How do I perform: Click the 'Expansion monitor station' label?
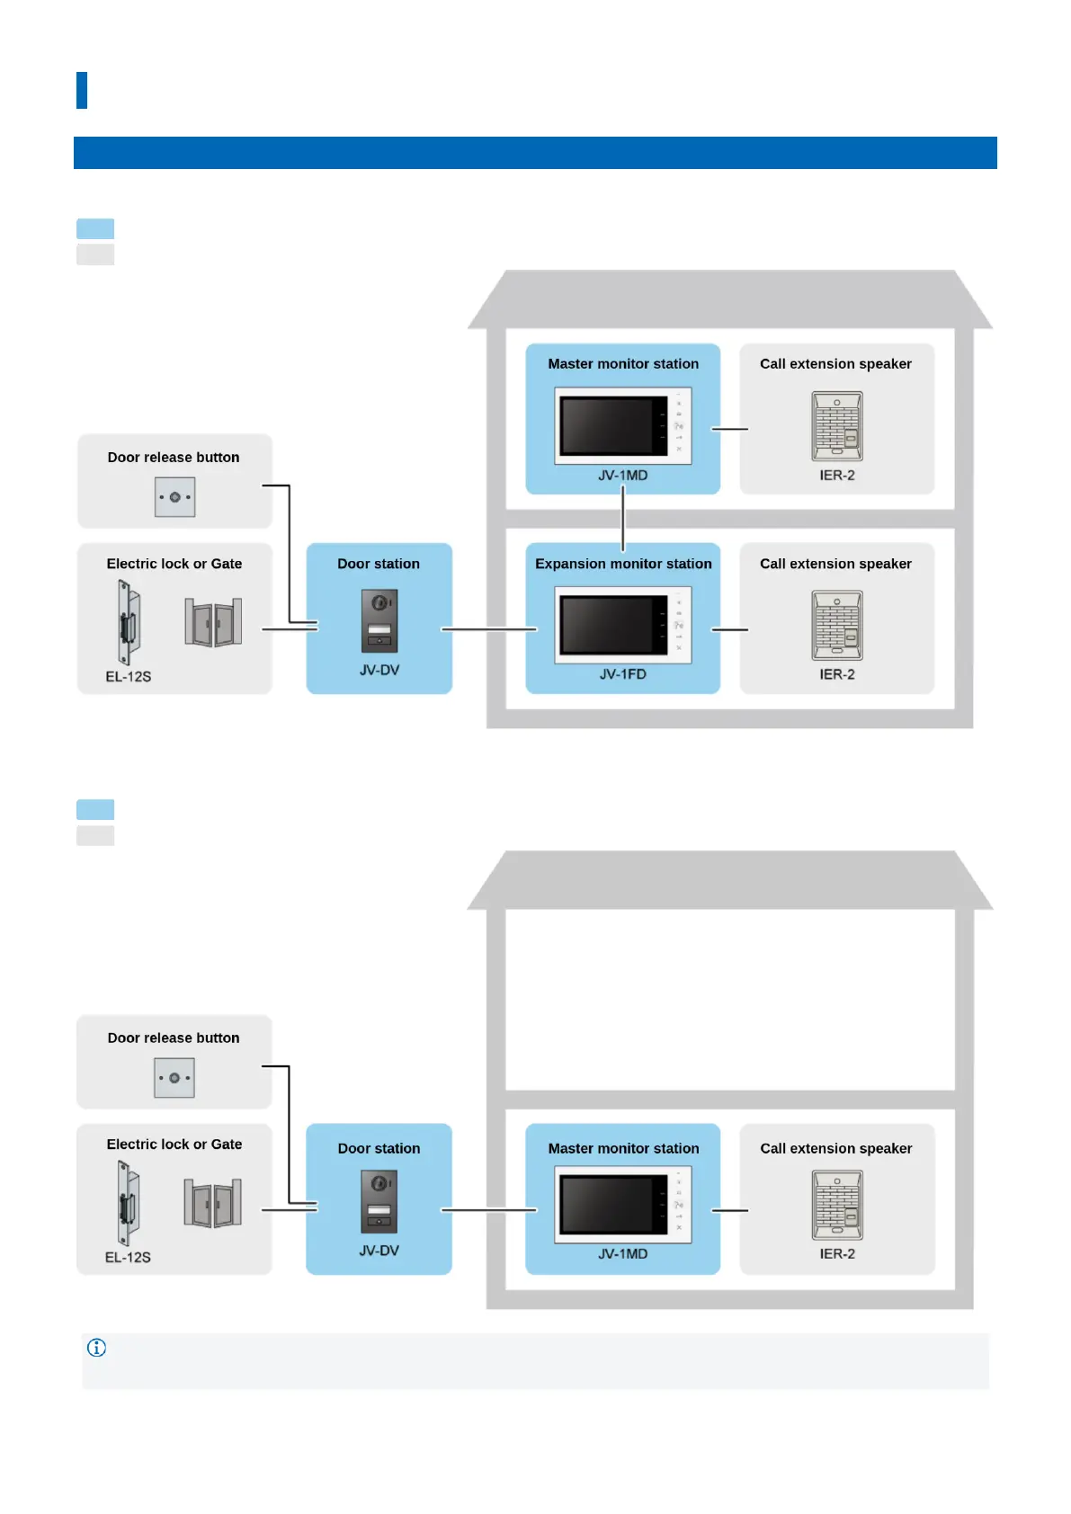pyautogui.click(x=623, y=564)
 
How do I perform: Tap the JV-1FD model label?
pyautogui.click(x=623, y=674)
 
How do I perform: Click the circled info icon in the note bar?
pyautogui.click(x=97, y=1348)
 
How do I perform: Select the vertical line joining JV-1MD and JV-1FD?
pyautogui.click(x=623, y=519)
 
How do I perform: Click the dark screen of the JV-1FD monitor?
pyautogui.click(x=607, y=624)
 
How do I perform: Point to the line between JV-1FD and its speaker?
pyautogui.click(x=730, y=629)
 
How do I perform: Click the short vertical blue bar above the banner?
pyautogui.click(x=82, y=90)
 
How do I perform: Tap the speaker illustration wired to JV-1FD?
pyautogui.click(x=837, y=625)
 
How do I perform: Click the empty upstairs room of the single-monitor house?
pyautogui.click(x=729, y=999)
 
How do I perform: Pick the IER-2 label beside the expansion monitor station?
pyautogui.click(x=837, y=674)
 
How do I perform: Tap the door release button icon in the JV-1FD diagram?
pyautogui.click(x=174, y=497)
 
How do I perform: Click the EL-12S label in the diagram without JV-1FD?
pyautogui.click(x=128, y=1257)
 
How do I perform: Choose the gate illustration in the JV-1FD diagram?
pyautogui.click(x=213, y=622)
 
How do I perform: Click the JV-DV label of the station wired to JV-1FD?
pyautogui.click(x=379, y=670)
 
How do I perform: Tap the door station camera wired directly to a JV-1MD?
pyautogui.click(x=379, y=1201)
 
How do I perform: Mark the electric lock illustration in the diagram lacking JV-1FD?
pyautogui.click(x=127, y=1202)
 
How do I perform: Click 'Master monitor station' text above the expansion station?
pyautogui.click(x=623, y=364)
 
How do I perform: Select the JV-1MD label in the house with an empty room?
pyautogui.click(x=623, y=1253)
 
